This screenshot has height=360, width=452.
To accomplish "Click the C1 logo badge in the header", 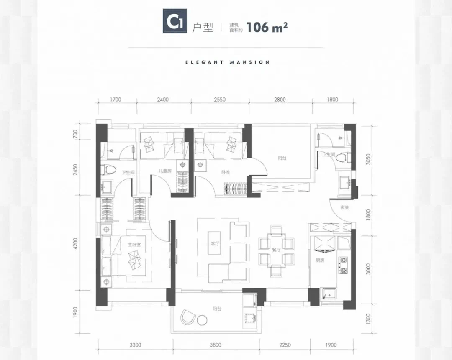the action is [x=175, y=21].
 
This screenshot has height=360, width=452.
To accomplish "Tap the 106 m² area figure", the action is [x=267, y=27].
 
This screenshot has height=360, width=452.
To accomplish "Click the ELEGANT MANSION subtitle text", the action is [x=227, y=62].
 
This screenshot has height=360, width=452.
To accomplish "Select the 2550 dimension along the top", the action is [x=220, y=100].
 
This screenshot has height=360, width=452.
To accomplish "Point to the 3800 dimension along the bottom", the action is [x=216, y=345].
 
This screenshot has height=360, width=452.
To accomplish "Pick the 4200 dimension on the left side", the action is [x=75, y=243].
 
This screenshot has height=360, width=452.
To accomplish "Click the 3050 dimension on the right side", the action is [x=368, y=159].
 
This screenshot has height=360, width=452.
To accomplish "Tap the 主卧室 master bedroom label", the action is [x=134, y=245].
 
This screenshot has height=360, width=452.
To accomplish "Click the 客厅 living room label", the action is [x=215, y=244].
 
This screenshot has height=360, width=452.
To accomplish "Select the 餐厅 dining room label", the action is [x=276, y=250].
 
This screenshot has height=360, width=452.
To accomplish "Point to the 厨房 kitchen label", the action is [x=320, y=260].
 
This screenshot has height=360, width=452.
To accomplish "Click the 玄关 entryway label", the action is [x=344, y=207].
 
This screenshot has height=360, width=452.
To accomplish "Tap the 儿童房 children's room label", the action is [x=165, y=171].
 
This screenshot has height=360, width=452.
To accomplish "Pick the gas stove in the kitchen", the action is [x=343, y=265].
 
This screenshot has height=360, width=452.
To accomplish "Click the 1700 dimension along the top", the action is [x=116, y=100].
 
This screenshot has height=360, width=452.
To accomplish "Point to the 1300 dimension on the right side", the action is [x=368, y=319].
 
